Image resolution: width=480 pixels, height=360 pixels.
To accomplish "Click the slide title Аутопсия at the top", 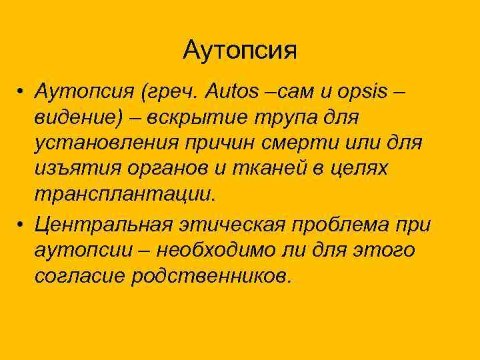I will [240, 50].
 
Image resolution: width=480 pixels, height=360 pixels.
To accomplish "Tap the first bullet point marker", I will [22, 90].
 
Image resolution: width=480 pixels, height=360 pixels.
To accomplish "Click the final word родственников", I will [212, 276].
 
